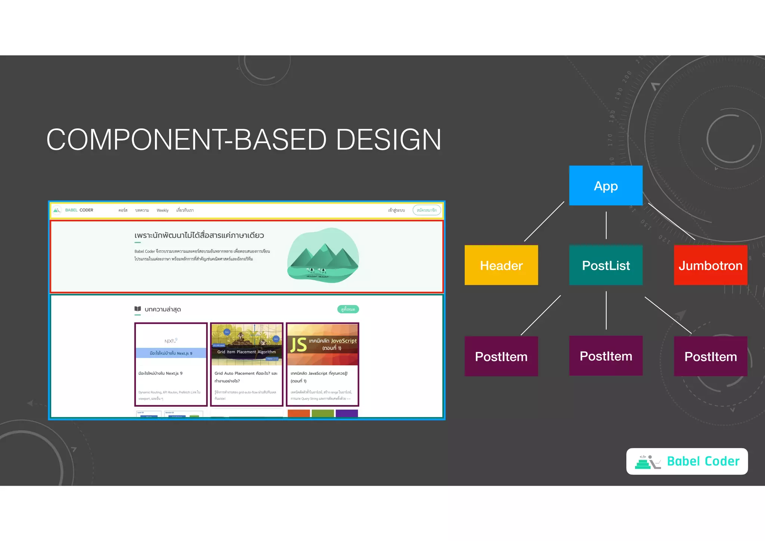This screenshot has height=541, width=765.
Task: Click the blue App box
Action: pyautogui.click(x=606, y=186)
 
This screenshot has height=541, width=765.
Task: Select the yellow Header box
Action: pyautogui.click(x=501, y=265)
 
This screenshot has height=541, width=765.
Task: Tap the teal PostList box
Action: pyautogui.click(x=606, y=265)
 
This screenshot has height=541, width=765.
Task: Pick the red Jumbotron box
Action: pyautogui.click(x=710, y=265)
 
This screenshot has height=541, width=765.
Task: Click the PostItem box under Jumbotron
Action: pyautogui.click(x=710, y=356)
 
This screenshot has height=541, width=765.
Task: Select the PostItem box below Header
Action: pyautogui.click(x=501, y=356)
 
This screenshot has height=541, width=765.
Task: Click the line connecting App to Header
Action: pyautogui.click(x=544, y=222)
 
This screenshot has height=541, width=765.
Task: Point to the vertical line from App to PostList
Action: pyautogui.click(x=606, y=225)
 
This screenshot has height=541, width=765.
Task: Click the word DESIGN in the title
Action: pyautogui.click(x=388, y=140)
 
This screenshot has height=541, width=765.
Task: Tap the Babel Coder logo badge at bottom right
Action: pyautogui.click(x=687, y=461)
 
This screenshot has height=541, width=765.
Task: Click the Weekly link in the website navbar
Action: pyautogui.click(x=162, y=210)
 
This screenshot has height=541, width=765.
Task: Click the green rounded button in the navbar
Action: pyautogui.click(x=427, y=210)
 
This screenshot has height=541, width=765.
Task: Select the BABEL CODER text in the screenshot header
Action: pyautogui.click(x=79, y=210)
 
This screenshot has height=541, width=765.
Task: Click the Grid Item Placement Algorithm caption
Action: pyautogui.click(x=247, y=352)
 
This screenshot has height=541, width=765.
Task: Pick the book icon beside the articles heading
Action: pyautogui.click(x=137, y=309)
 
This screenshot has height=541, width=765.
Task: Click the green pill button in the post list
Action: pyautogui.click(x=348, y=309)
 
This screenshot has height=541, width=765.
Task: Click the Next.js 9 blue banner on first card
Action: pyautogui.click(x=171, y=353)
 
